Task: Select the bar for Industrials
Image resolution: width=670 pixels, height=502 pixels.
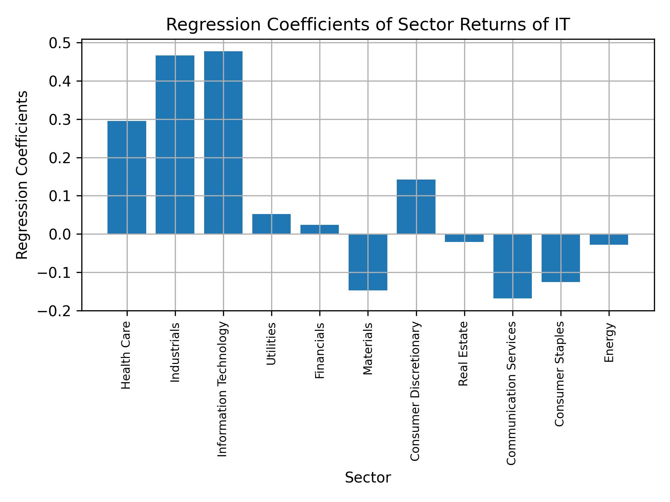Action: pyautogui.click(x=175, y=144)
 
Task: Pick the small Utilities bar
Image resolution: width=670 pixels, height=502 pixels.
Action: pyautogui.click(x=271, y=224)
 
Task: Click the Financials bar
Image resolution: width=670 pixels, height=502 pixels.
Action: pyautogui.click(x=320, y=229)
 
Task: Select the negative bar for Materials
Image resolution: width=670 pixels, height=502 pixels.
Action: pyautogui.click(x=368, y=262)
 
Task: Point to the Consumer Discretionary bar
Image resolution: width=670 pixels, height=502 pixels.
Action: pyautogui.click(x=416, y=206)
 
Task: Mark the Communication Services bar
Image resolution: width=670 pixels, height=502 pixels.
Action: pyautogui.click(x=512, y=266)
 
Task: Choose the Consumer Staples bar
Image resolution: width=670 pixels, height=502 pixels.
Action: pyautogui.click(x=560, y=258)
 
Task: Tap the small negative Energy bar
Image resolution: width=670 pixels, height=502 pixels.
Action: pyautogui.click(x=609, y=239)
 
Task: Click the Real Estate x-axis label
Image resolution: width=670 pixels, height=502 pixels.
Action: pyautogui.click(x=463, y=353)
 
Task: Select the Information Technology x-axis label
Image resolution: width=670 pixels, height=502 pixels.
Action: pyautogui.click(x=222, y=389)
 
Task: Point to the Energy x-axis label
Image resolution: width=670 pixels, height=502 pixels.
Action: pyautogui.click(x=609, y=343)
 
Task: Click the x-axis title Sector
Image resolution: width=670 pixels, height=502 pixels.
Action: pyautogui.click(x=368, y=478)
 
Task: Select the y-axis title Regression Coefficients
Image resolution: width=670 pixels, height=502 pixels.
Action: pyautogui.click(x=22, y=175)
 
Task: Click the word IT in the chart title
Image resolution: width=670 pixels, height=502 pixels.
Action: pyautogui.click(x=561, y=25)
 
